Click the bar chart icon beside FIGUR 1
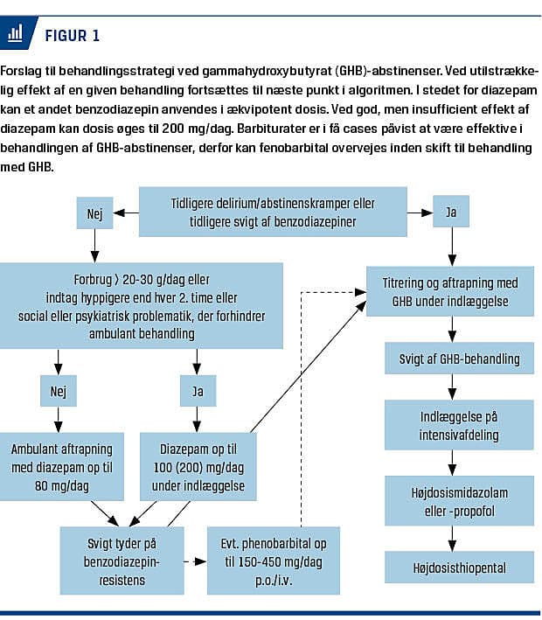pyautogui.click(x=15, y=34)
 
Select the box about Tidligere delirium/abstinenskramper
pyautogui.click(x=273, y=212)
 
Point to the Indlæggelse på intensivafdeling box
pyautogui.click(x=460, y=423)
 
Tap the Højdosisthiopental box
pyautogui.click(x=460, y=568)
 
